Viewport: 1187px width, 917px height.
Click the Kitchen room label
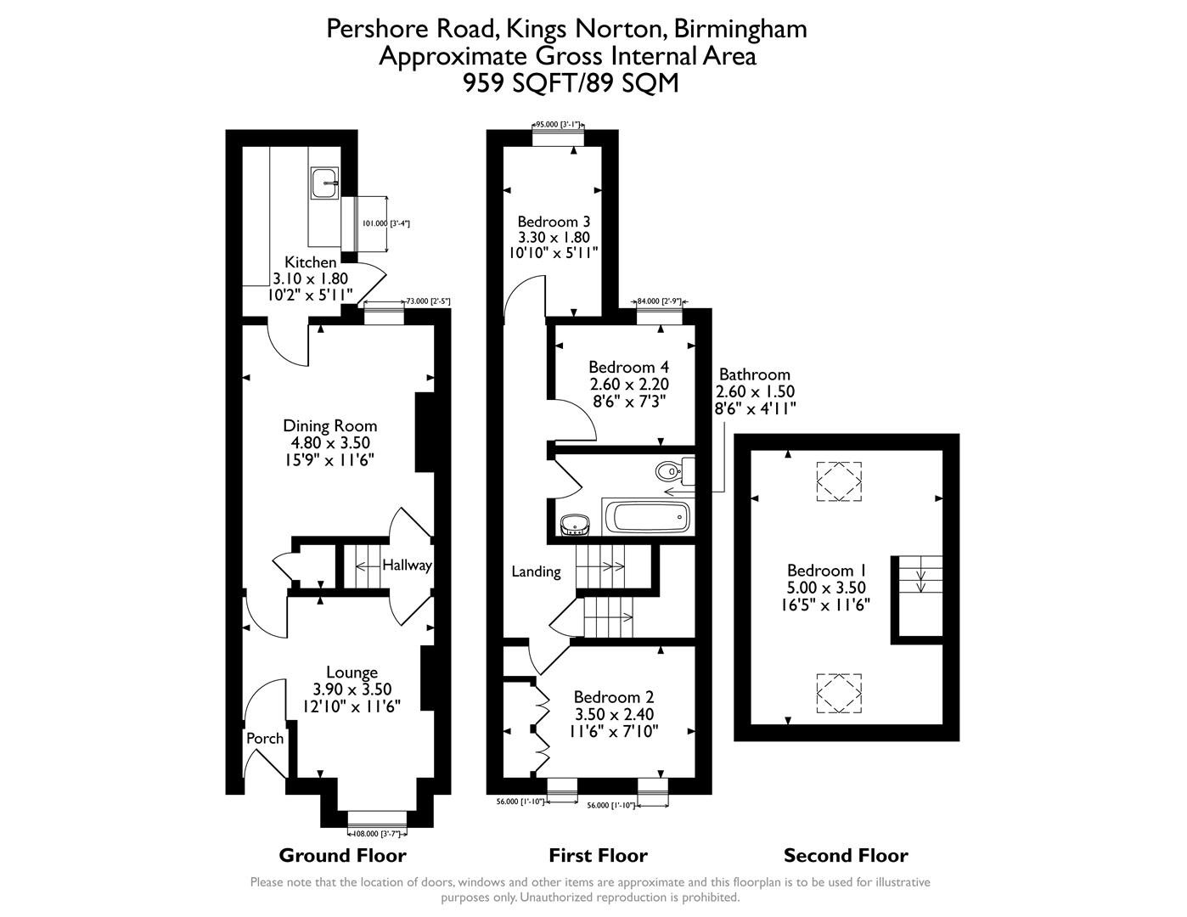pyautogui.click(x=310, y=262)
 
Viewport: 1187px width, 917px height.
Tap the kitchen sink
pyautogui.click(x=324, y=183)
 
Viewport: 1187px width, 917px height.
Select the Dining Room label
pyautogui.click(x=329, y=425)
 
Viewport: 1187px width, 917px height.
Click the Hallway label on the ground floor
pyautogui.click(x=407, y=565)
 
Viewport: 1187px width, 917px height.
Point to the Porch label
pyautogui.click(x=265, y=738)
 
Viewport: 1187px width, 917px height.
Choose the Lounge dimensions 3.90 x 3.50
pyautogui.click(x=352, y=689)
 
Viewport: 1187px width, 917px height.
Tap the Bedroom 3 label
pyautogui.click(x=553, y=222)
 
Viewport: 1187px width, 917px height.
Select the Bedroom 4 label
pyautogui.click(x=628, y=367)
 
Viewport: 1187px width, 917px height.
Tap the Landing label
pyautogui.click(x=536, y=571)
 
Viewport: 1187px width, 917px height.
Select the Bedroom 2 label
pyautogui.click(x=613, y=698)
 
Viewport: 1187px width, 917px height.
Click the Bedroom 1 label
pyautogui.click(x=826, y=571)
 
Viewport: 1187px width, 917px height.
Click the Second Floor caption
pyautogui.click(x=845, y=855)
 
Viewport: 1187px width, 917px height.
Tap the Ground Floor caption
pyautogui.click(x=342, y=855)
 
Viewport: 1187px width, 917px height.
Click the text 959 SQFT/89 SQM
pyautogui.click(x=570, y=83)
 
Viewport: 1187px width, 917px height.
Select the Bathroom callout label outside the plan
pyautogui.click(x=754, y=374)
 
